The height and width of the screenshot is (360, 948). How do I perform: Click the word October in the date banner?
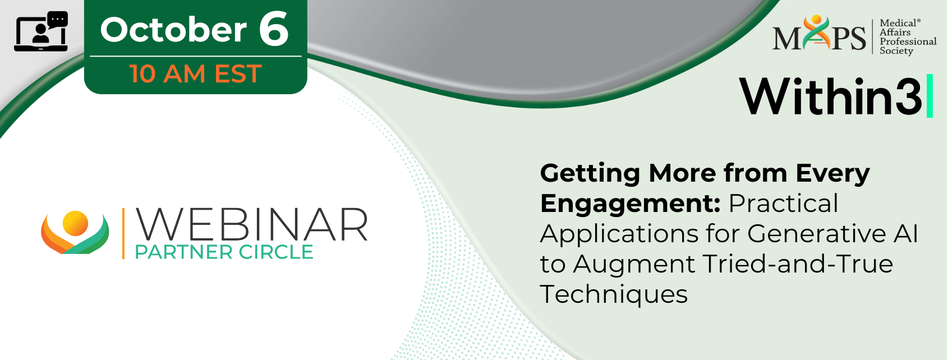173,30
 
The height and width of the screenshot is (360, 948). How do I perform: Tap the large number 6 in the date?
274,28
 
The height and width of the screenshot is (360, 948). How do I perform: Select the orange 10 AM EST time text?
196,73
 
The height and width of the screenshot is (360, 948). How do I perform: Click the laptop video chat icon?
41,31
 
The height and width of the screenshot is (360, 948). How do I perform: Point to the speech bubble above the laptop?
58,20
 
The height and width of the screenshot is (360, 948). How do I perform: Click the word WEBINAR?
251,225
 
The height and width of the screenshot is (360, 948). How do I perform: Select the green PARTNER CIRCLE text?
224,252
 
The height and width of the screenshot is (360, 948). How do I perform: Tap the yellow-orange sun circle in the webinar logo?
75,223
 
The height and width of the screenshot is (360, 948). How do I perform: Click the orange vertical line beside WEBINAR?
123,233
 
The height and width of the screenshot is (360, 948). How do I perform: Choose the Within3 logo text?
830,96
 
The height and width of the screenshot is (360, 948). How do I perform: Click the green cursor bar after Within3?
929,95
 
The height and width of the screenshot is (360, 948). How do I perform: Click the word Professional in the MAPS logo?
908,41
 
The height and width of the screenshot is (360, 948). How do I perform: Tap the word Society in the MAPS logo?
896,51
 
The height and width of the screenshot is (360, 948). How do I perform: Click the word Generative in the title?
816,233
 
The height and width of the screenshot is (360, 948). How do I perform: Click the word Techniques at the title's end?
614,294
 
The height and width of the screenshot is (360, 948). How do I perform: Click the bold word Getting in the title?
590,174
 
